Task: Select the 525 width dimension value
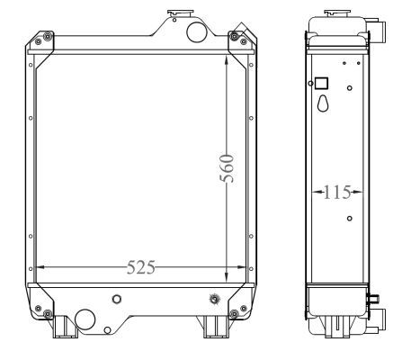point(140,267)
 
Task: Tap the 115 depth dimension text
point(337,192)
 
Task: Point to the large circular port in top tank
point(194,31)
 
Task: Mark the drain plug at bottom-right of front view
point(213,299)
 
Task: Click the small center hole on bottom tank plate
point(114,299)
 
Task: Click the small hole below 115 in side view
point(349,218)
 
